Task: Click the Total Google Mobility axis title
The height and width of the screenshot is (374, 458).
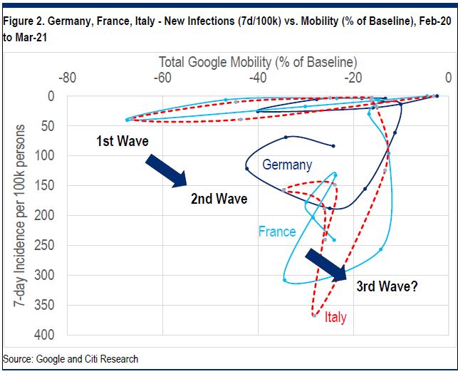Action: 258,62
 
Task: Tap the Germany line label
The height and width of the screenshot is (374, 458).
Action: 287,165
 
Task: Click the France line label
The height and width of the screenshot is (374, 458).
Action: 277,232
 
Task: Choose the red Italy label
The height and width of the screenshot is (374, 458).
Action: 335,318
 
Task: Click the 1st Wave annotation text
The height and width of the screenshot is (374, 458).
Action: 123,141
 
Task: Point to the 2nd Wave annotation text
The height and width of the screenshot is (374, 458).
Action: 219,199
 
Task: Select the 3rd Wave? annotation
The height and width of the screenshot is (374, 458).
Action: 387,287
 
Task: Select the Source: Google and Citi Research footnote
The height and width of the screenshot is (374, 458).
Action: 71,359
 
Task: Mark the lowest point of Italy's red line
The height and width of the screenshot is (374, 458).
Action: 314,315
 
